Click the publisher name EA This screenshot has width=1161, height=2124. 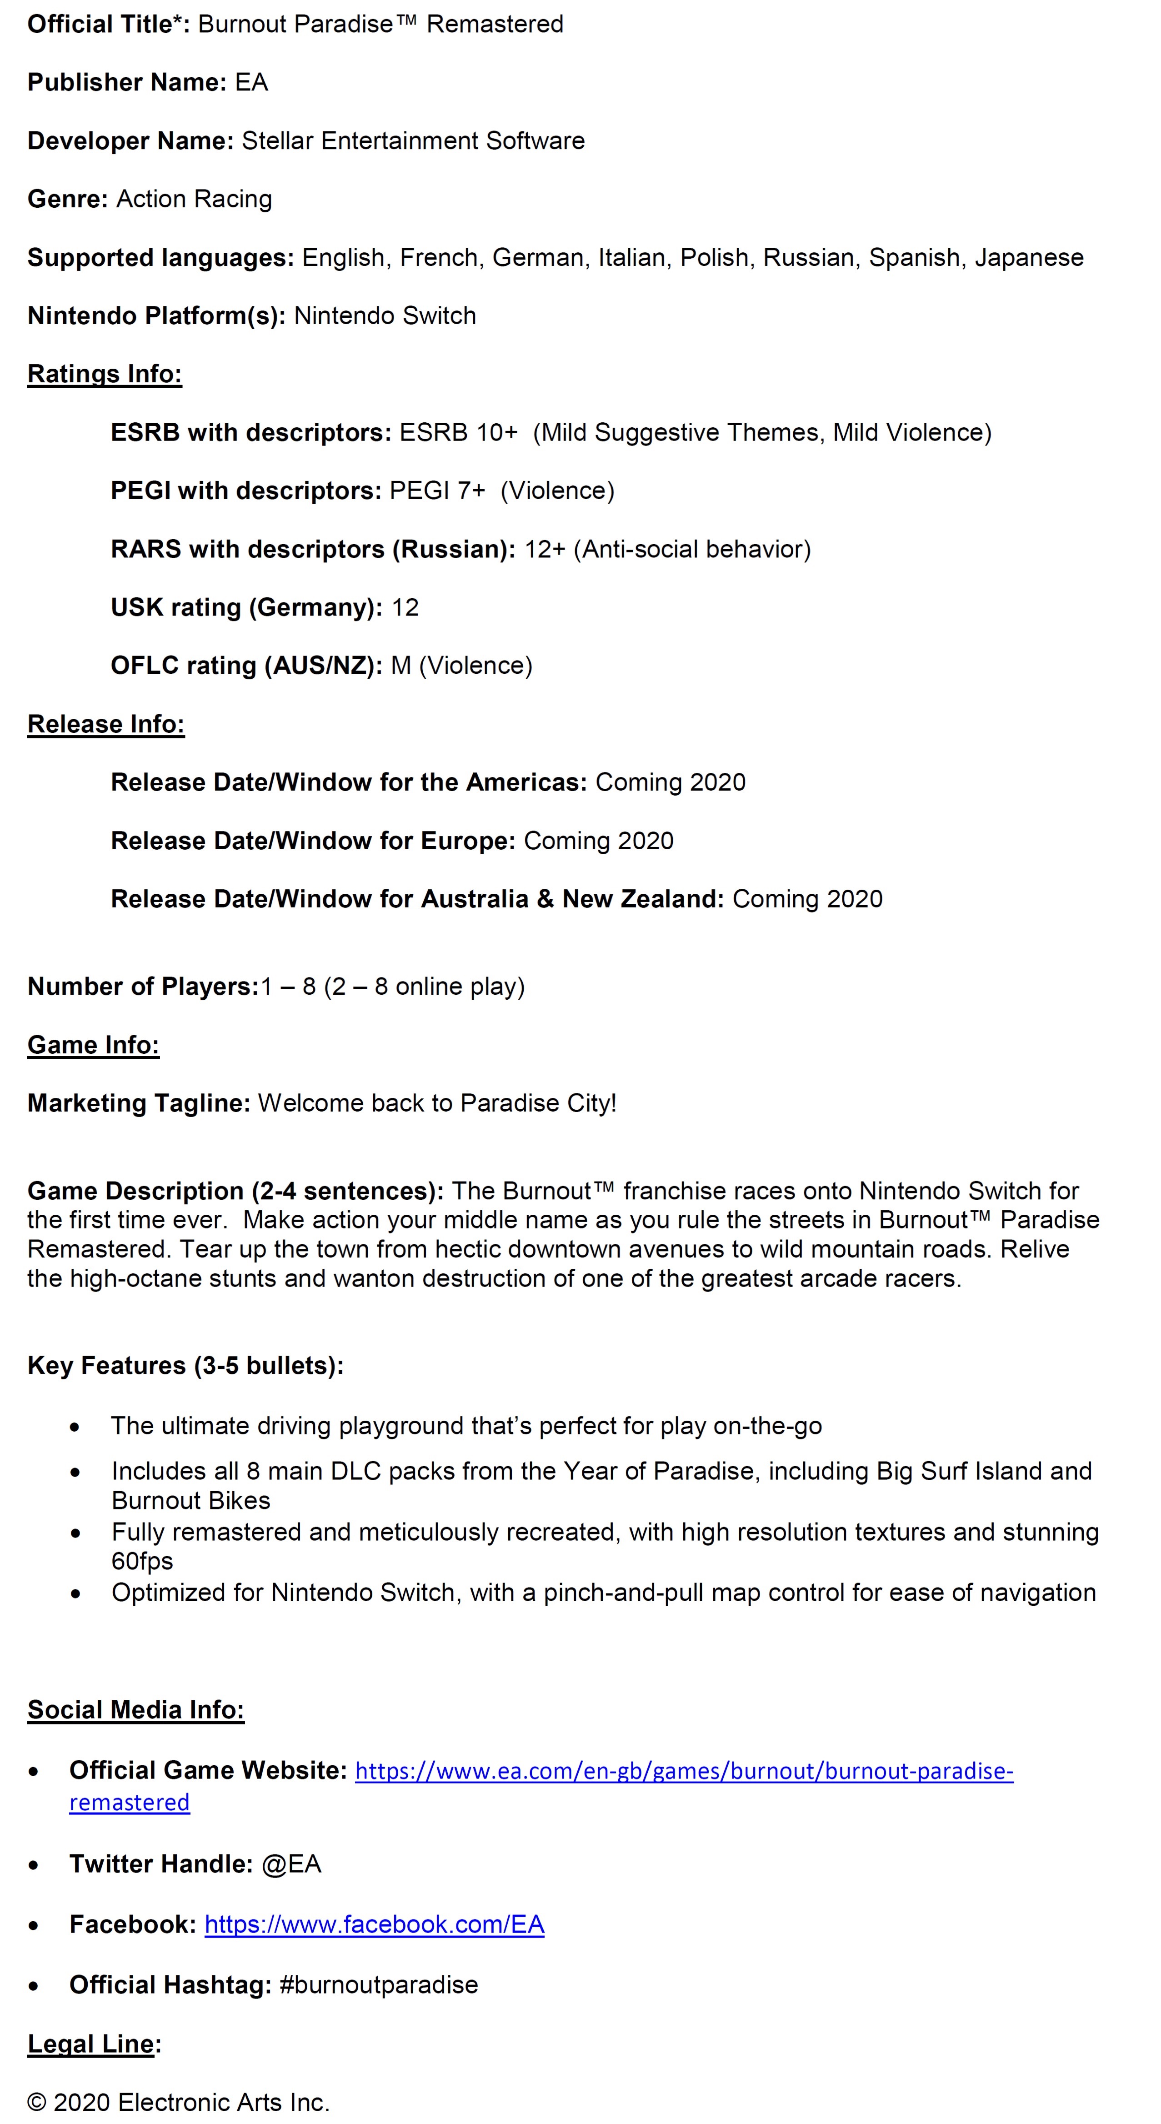click(251, 82)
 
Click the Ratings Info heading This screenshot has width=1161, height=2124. click(105, 374)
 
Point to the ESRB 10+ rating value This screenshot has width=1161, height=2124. click(459, 433)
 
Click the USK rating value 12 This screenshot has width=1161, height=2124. click(405, 608)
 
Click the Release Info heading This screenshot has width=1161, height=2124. click(105, 724)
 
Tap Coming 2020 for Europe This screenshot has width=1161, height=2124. click(599, 841)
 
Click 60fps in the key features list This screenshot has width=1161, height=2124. click(142, 1561)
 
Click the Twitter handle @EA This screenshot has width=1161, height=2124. click(291, 1864)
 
